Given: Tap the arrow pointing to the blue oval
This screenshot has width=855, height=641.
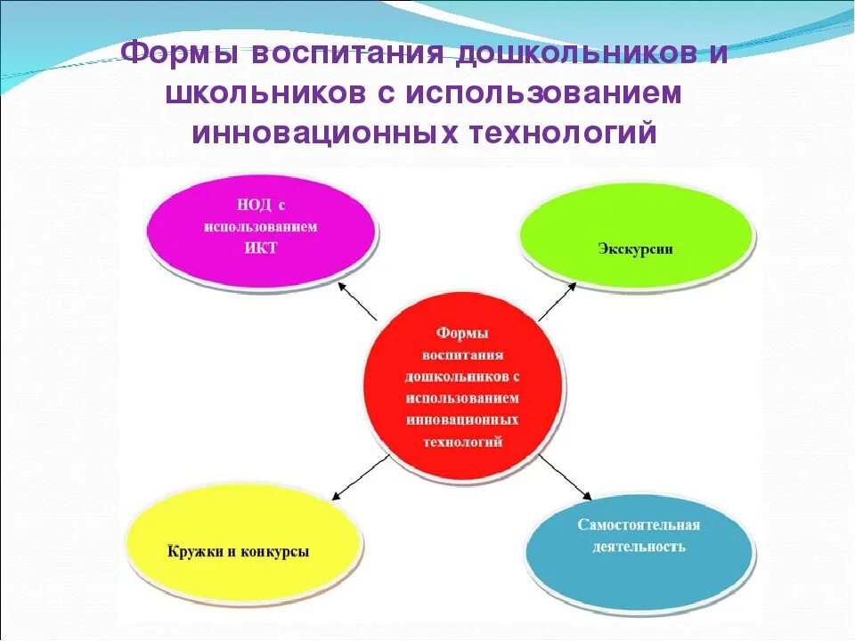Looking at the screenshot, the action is (x=565, y=475).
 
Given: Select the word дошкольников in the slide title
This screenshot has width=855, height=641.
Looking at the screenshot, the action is (x=578, y=52).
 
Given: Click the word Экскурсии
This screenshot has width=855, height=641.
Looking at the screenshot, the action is (x=635, y=248).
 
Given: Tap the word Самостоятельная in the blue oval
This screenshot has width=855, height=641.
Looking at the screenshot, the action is (x=639, y=524).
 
